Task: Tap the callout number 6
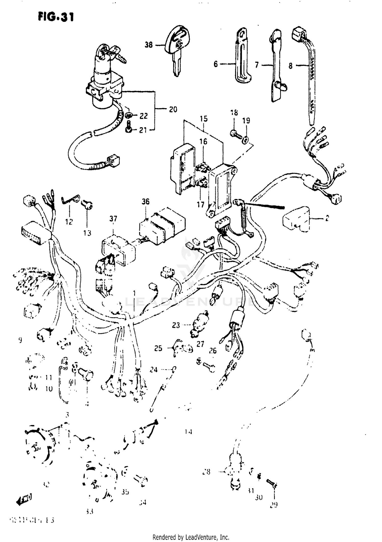click(x=215, y=64)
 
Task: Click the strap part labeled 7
click(x=276, y=66)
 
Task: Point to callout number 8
click(x=291, y=66)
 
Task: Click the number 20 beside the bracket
click(x=173, y=109)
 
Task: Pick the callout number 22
click(x=144, y=116)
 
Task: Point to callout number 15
click(x=203, y=119)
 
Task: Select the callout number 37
click(x=113, y=218)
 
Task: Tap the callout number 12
click(x=69, y=222)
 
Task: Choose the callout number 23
click(x=176, y=325)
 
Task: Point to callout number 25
click(x=158, y=348)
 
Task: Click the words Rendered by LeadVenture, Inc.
click(x=191, y=537)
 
